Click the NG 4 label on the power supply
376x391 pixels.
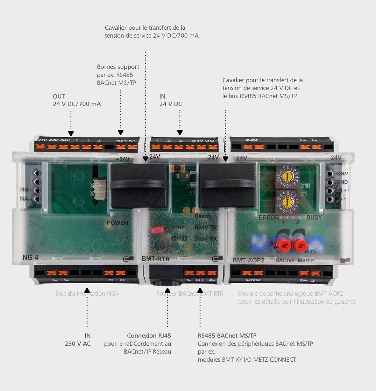point(30,257)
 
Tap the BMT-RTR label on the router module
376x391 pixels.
point(156,259)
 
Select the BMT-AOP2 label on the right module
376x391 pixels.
point(248,260)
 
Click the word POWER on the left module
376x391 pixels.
point(117,223)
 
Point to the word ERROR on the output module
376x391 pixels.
point(269,217)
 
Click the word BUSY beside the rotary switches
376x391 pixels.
point(314,217)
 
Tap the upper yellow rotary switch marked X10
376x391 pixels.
point(287,176)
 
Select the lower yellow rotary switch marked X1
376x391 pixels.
point(287,202)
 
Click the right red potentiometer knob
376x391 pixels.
point(300,245)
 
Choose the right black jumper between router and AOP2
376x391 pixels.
point(227,185)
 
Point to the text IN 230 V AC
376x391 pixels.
point(78,340)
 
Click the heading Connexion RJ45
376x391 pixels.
point(149,336)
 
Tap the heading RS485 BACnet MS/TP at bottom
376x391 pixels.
point(227,336)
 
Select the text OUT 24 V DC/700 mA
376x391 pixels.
point(77,100)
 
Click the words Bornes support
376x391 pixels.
point(118,67)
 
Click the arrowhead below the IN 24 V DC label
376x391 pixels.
point(180,132)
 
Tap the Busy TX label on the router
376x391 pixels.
point(205,227)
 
